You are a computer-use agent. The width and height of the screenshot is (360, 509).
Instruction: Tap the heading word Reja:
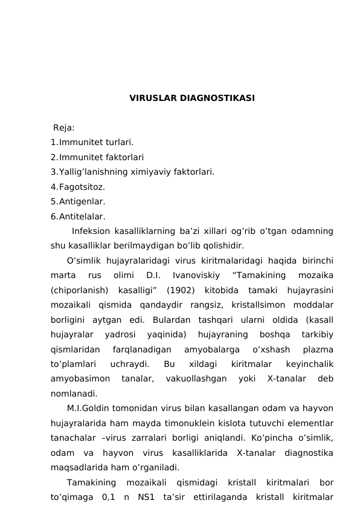tap(64, 128)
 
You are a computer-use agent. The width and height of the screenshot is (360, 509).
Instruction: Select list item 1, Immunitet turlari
tap(92, 143)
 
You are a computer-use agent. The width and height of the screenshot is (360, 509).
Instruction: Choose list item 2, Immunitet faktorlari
tap(97, 157)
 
